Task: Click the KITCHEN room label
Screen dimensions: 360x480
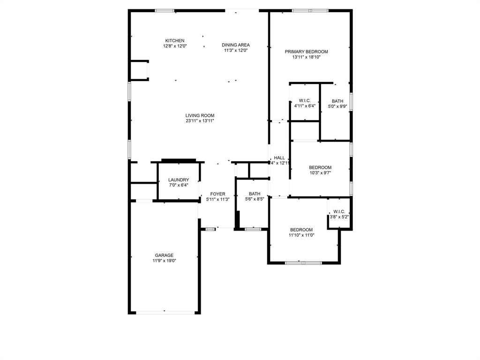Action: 175,41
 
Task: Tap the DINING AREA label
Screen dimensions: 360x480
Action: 235,45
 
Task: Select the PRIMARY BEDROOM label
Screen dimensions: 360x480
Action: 306,52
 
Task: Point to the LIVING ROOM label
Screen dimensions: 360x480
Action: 200,115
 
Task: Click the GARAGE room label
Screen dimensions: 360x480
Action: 164,255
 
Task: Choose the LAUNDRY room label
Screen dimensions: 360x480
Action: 178,180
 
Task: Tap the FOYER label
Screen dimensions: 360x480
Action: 217,194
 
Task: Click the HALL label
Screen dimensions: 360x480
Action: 279,158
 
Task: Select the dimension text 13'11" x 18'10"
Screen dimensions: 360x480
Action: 306,57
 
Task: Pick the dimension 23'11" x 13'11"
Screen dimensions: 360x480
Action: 200,121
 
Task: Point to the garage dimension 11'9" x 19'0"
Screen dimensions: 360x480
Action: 164,261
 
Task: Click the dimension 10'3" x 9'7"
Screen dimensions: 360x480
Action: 320,173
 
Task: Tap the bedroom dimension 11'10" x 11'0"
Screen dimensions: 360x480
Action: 301,235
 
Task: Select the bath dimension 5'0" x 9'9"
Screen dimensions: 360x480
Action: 337,106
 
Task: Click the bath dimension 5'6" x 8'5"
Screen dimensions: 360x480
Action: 255,199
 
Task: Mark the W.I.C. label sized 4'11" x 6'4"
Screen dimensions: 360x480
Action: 305,101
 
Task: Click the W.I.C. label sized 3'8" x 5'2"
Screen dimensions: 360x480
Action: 339,211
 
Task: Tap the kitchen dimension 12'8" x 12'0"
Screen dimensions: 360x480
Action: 175,46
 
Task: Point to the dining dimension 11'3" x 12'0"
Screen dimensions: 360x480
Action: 235,50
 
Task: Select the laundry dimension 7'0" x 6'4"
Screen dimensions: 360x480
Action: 178,185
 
